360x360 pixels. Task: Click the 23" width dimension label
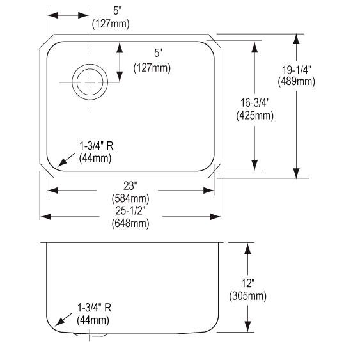click(x=130, y=186)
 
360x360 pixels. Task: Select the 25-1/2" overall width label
click(x=130, y=211)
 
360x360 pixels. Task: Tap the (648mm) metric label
click(x=130, y=223)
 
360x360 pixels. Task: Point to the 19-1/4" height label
click(x=297, y=70)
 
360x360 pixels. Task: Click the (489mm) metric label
click(x=297, y=81)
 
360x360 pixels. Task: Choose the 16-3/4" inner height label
click(x=255, y=102)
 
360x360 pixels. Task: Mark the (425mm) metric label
click(x=255, y=116)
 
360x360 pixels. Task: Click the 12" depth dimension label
click(x=247, y=283)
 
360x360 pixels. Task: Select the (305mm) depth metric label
click(x=247, y=296)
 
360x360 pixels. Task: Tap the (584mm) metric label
click(x=130, y=198)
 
